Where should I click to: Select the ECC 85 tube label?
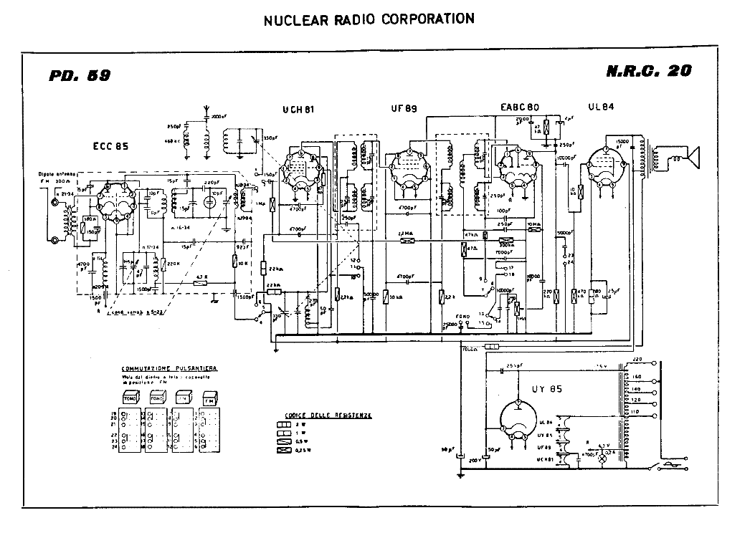[x=110, y=146]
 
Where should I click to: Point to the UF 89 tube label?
[x=404, y=110]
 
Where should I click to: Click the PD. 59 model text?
[x=80, y=75]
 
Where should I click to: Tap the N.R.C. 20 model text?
[x=649, y=72]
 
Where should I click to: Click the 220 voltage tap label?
[x=635, y=359]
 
